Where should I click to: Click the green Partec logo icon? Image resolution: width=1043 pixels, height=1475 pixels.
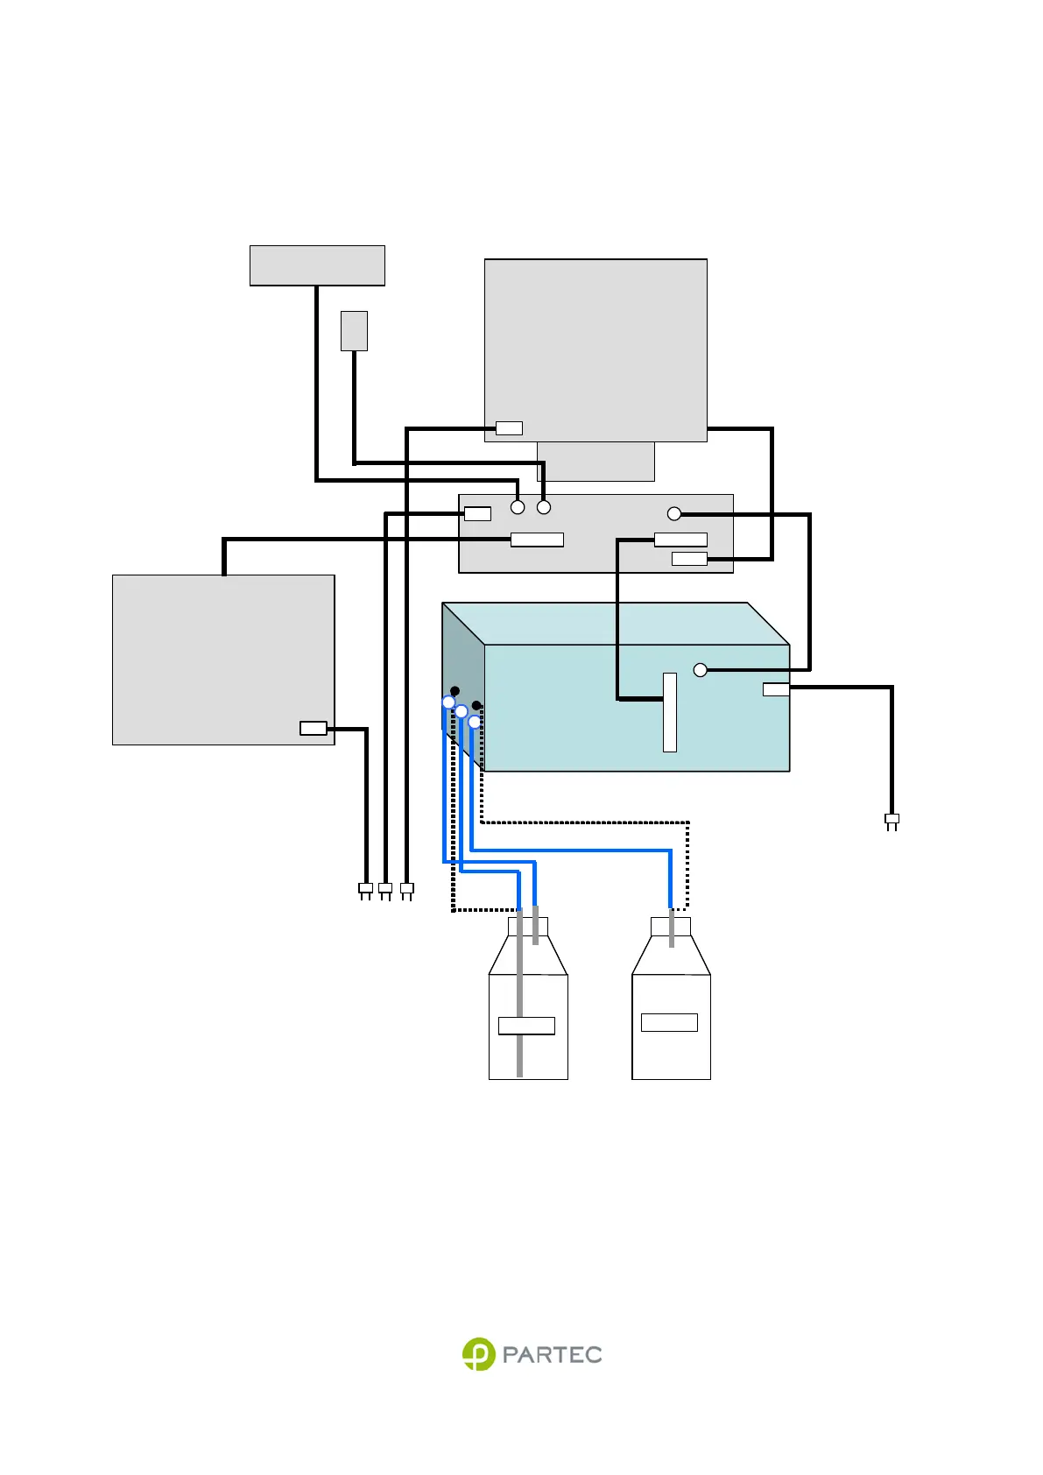478,1354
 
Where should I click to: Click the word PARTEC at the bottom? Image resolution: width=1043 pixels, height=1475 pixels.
552,1355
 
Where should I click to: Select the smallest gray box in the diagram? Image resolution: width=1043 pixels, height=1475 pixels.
354,331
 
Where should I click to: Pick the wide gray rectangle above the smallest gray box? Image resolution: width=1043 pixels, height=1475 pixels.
317,265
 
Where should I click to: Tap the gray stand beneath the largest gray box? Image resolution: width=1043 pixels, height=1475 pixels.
595,462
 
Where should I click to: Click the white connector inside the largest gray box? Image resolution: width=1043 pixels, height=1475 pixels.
509,428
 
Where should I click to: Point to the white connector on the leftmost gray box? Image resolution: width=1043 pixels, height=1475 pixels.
313,728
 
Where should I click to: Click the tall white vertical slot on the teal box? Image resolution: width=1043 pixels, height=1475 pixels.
670,712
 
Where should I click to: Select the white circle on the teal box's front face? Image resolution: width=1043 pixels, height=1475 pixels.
700,670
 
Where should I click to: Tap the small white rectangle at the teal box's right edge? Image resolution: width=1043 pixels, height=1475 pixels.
776,689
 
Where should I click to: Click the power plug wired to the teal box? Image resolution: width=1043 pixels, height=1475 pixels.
891,821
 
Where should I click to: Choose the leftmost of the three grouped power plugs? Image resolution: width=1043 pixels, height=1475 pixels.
366,890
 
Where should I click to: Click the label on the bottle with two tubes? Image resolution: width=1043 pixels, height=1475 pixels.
526,1026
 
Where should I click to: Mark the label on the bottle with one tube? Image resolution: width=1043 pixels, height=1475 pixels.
669,1022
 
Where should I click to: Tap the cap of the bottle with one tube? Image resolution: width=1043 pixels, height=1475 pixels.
671,927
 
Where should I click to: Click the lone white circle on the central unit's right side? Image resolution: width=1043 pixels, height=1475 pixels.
673,514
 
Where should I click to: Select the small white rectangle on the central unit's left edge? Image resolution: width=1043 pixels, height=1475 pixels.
477,514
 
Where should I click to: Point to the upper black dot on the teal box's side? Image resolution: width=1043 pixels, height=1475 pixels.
455,691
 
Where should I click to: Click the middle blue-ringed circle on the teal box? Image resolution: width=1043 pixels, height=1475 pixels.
462,711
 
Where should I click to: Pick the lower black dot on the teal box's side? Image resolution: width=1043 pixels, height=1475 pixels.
476,705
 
